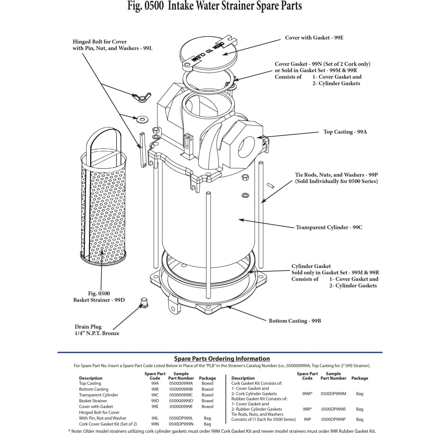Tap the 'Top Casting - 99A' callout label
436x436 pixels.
click(345, 132)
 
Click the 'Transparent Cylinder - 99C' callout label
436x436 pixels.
click(329, 227)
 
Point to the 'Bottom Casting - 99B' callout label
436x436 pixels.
click(295, 321)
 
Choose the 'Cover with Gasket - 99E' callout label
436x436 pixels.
click(314, 38)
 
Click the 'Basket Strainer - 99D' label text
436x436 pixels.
click(99, 300)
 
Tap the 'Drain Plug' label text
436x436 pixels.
click(88, 327)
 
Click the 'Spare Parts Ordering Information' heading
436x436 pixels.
click(222, 359)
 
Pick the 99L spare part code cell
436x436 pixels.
click(155, 418)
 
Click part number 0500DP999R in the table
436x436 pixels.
click(333, 409)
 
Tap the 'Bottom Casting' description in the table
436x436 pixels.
click(94, 389)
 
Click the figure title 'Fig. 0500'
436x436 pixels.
click(145, 6)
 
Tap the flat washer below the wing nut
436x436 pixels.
click(141, 119)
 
